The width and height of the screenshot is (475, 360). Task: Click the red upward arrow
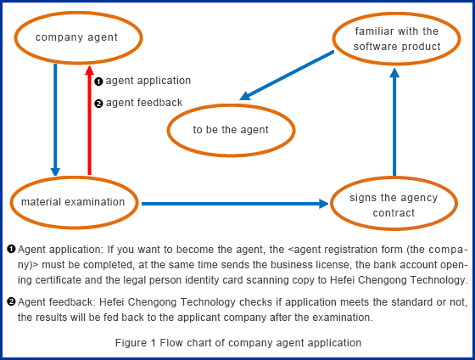pyautogui.click(x=89, y=120)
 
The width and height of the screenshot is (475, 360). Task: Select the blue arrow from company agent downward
pyautogui.click(x=55, y=120)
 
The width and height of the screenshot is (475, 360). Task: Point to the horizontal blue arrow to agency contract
pyautogui.click(x=235, y=204)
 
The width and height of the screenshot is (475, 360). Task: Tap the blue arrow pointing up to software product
pyautogui.click(x=394, y=122)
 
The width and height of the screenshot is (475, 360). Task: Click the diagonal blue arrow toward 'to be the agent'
pyautogui.click(x=287, y=76)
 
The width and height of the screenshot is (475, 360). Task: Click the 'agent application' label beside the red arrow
pyautogui.click(x=148, y=81)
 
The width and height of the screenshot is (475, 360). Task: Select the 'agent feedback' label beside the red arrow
pyautogui.click(x=144, y=103)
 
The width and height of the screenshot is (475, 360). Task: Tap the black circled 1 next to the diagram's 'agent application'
pyautogui.click(x=98, y=82)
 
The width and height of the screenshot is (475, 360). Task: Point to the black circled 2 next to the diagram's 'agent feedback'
pyautogui.click(x=98, y=104)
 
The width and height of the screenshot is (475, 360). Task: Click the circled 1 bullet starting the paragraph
pyautogui.click(x=11, y=250)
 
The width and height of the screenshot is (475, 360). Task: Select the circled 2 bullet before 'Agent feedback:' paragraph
pyautogui.click(x=11, y=301)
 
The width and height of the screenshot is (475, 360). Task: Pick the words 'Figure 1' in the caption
pyautogui.click(x=136, y=343)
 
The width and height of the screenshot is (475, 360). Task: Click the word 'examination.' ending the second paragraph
pyautogui.click(x=343, y=318)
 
